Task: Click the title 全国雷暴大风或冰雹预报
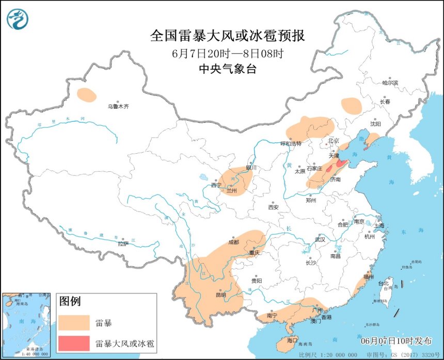[228, 36]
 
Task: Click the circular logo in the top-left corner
[18, 19]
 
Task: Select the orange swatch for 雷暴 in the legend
[74, 323]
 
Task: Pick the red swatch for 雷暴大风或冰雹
[74, 342]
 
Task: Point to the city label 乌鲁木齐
[118, 106]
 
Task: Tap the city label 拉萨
[122, 243]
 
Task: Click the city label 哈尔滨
[390, 83]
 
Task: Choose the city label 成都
[233, 242]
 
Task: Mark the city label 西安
[273, 207]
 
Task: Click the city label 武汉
[320, 239]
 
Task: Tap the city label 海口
[292, 340]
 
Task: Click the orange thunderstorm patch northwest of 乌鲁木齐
[86, 94]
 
